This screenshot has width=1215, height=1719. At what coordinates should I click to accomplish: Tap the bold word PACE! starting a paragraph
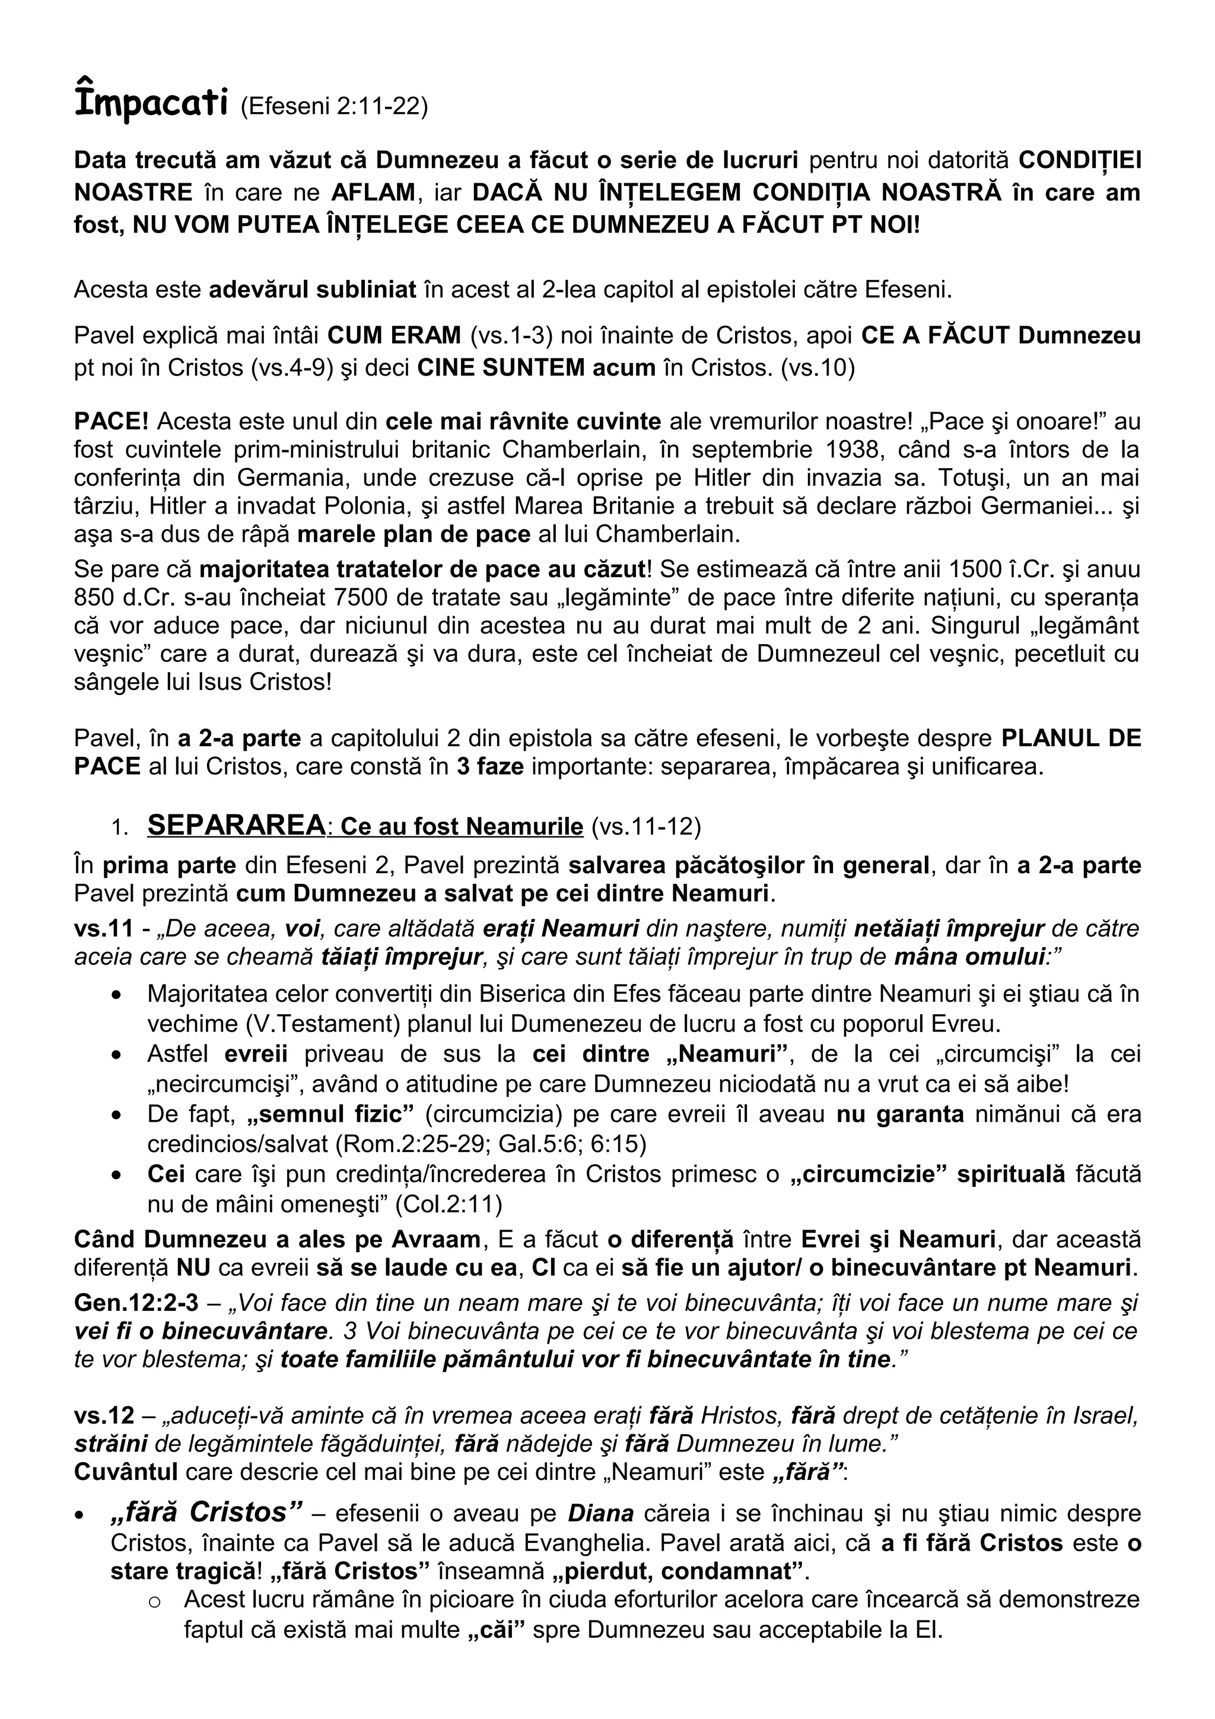click(112, 422)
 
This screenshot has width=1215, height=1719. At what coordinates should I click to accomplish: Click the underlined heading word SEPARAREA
click(236, 825)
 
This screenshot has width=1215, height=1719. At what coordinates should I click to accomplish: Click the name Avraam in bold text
click(435, 1239)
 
